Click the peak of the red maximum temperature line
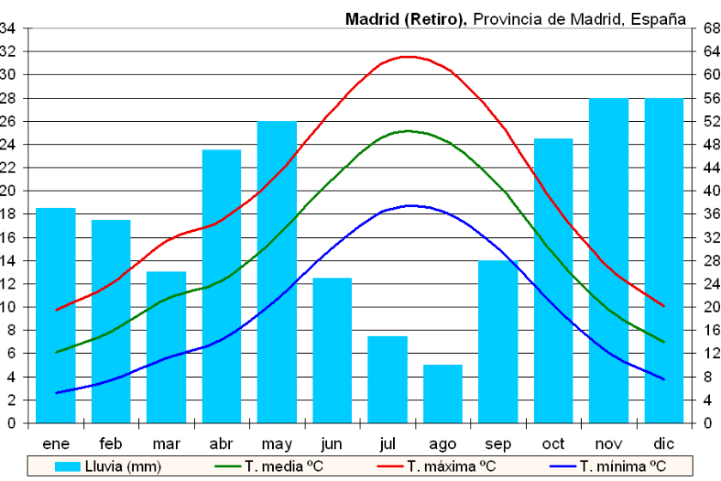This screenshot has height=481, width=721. click(408, 57)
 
